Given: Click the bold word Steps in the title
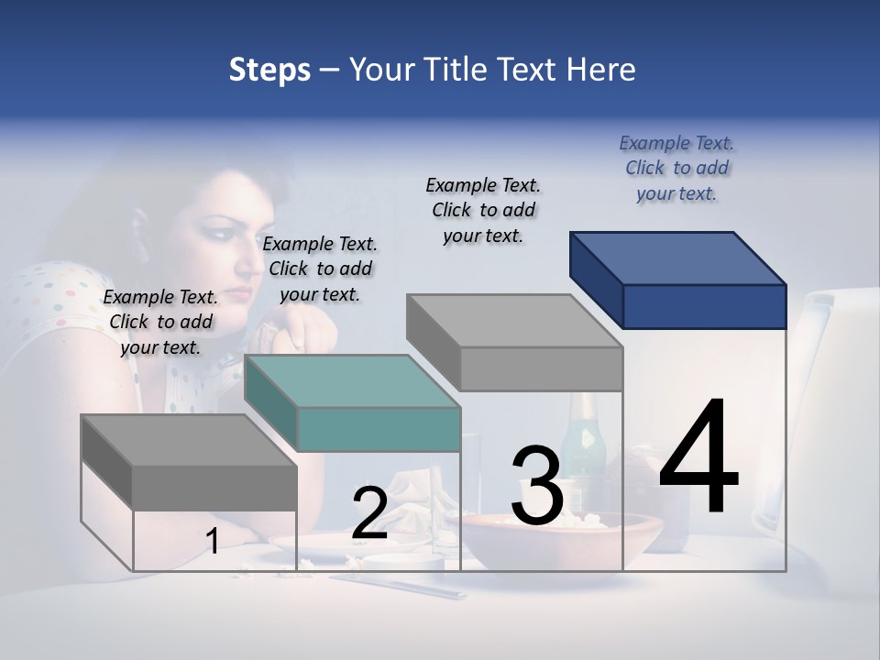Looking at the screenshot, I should pos(269,70).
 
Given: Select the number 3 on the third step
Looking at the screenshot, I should pos(536,486).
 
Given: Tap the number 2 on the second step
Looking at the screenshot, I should pos(369,513).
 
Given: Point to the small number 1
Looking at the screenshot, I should pos(213,542).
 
